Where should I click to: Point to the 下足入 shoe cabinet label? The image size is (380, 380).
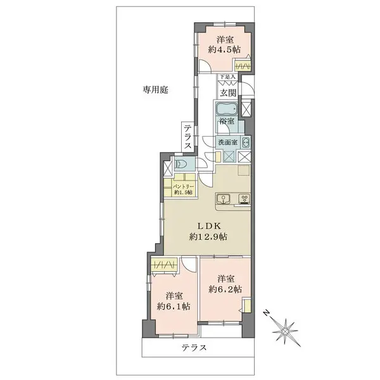(227, 77)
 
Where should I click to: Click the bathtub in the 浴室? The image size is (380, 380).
(226, 107)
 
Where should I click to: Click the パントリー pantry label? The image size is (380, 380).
(179, 188)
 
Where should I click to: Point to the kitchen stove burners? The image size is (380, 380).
(244, 200)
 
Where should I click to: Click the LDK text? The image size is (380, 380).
(208, 225)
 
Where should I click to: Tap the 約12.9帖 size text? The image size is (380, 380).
(208, 237)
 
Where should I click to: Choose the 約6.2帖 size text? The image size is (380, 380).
(225, 289)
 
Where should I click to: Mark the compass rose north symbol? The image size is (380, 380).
(286, 329)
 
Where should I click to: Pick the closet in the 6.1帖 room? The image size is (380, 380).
(164, 265)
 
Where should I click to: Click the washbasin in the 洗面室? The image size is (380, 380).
(246, 142)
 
